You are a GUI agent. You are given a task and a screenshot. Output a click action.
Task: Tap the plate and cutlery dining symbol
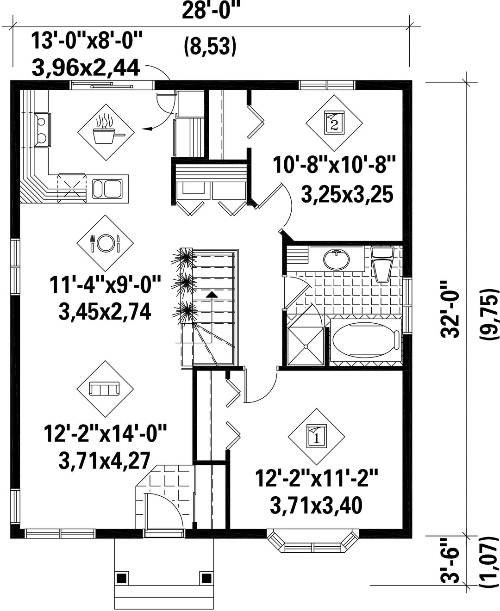(105, 243)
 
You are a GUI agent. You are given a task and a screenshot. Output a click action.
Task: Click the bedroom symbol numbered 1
(316, 437)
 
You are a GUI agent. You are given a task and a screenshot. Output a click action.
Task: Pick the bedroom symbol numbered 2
(334, 123)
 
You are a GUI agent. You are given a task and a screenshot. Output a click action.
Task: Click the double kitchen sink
(107, 189)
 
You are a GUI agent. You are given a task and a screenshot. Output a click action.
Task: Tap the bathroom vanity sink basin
(337, 259)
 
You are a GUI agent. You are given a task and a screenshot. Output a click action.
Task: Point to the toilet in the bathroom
(382, 264)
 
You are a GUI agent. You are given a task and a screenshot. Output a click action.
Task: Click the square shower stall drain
(306, 346)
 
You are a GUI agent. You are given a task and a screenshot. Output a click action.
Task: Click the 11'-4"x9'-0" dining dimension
(105, 285)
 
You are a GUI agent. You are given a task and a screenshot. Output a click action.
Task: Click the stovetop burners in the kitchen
(42, 130)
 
